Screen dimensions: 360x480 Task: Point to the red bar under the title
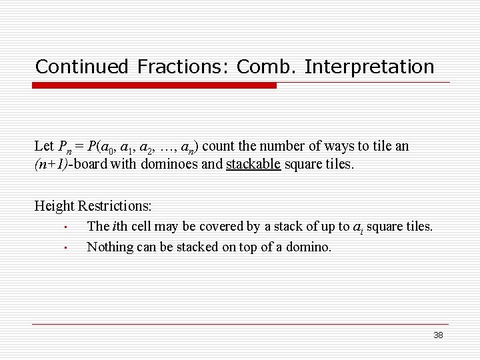tap(155, 85)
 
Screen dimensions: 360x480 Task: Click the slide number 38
tap(438, 335)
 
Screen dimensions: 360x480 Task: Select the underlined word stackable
tap(253, 164)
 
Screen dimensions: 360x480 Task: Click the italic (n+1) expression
tap(53, 164)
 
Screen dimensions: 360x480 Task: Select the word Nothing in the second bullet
tap(111, 247)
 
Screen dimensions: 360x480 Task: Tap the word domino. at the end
tap(309, 247)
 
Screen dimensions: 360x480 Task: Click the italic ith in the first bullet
tap(121, 227)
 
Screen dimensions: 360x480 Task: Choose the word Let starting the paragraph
tap(44, 146)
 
